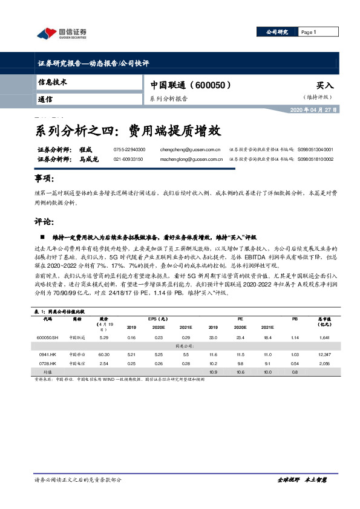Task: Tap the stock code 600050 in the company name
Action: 212,86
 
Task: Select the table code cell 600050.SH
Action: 48,337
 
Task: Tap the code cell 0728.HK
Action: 48,364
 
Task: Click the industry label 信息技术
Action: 52,81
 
